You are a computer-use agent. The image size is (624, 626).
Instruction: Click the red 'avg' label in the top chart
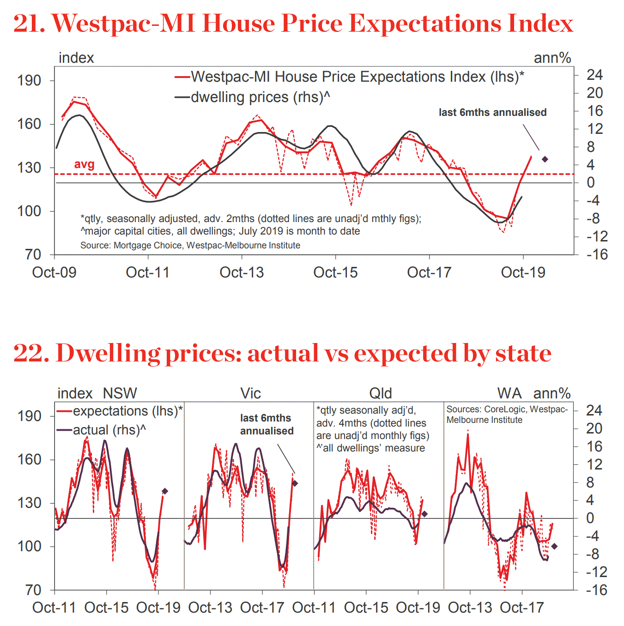(x=84, y=164)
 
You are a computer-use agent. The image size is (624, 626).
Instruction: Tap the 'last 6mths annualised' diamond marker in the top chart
(x=545, y=159)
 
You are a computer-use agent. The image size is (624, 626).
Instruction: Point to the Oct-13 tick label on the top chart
(x=242, y=272)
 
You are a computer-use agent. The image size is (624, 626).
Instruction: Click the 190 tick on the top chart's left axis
(x=29, y=80)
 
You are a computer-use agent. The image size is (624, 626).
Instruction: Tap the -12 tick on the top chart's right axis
(x=597, y=236)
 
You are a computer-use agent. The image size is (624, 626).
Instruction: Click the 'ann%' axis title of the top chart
(x=552, y=58)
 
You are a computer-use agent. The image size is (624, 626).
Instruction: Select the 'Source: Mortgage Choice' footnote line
(x=190, y=245)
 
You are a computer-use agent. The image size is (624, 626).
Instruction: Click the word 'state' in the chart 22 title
(x=523, y=353)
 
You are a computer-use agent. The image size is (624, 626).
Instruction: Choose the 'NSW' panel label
(x=120, y=393)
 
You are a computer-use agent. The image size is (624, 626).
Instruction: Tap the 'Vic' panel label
(x=250, y=393)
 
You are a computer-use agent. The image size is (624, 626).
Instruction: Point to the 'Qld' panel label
(x=381, y=393)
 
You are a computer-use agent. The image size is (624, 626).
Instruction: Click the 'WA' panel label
(x=509, y=393)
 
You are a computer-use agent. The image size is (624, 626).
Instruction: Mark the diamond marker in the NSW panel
(x=165, y=491)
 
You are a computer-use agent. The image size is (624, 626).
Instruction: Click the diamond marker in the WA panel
(x=554, y=546)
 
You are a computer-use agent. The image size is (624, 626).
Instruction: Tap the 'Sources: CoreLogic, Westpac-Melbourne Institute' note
(x=507, y=414)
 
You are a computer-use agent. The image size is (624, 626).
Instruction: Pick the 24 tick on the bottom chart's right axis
(x=594, y=410)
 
